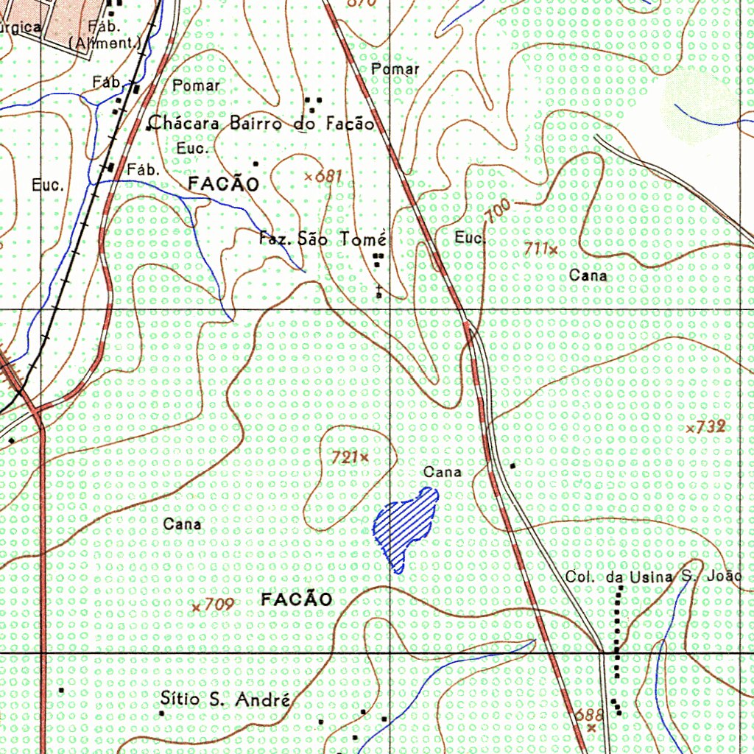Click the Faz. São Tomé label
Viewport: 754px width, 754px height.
click(323, 239)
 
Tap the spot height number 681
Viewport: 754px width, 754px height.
click(328, 176)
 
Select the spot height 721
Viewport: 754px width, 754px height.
click(345, 457)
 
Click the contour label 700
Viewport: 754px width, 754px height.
click(498, 211)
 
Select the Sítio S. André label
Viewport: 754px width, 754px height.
click(225, 700)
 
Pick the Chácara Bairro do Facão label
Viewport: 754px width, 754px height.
click(261, 123)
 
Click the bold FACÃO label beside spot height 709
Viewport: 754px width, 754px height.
click(297, 600)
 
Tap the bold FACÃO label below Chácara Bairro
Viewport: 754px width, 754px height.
click(224, 184)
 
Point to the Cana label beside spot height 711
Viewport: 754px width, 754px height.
click(589, 275)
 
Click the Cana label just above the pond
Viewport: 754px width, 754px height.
click(443, 471)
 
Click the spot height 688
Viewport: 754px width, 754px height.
click(589, 715)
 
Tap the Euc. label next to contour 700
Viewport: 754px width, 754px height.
click(470, 239)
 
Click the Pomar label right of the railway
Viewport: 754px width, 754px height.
click(395, 69)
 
